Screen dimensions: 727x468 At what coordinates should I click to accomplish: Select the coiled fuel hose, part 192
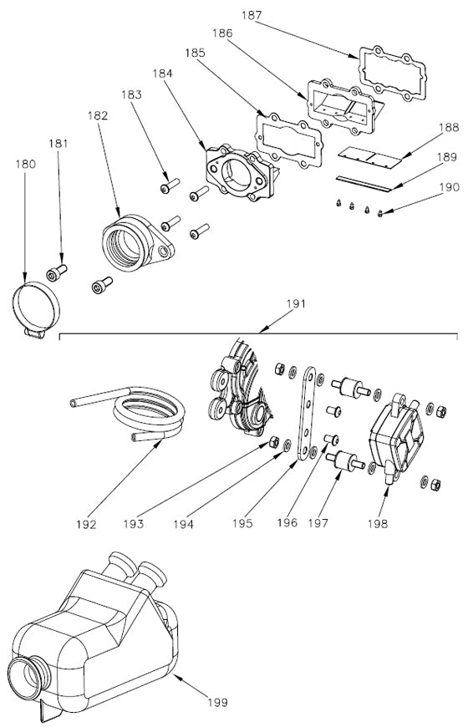click(150, 413)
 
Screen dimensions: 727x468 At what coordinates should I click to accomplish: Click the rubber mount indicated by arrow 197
click(343, 461)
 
